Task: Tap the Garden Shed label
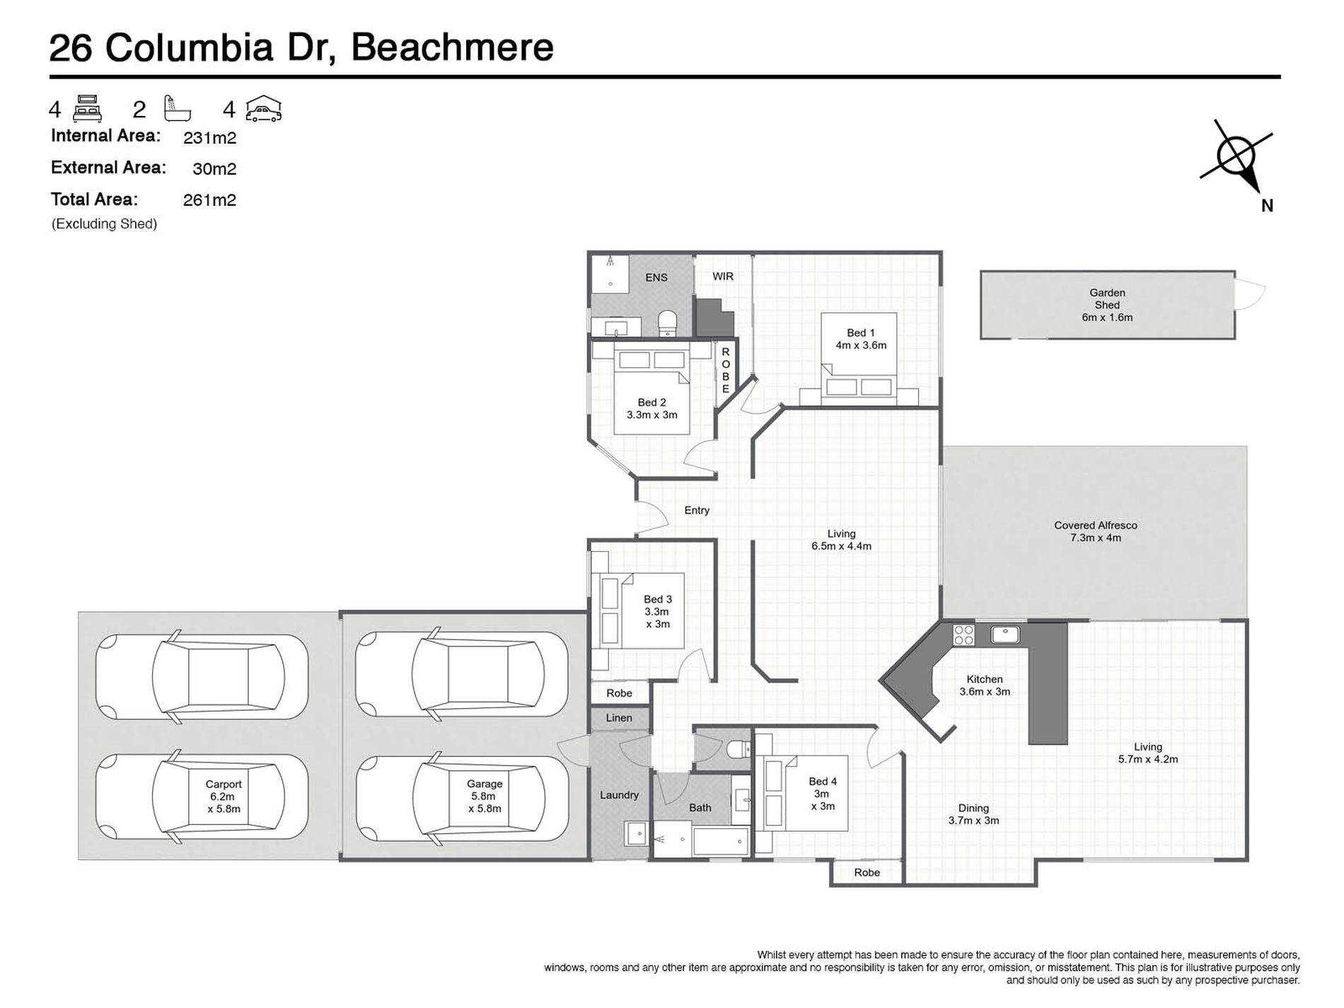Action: point(1107,299)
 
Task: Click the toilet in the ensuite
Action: point(668,323)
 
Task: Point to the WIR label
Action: point(723,277)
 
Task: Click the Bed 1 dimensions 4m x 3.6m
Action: point(861,346)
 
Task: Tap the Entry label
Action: point(697,510)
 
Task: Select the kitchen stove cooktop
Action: point(963,635)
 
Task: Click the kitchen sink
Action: point(1005,634)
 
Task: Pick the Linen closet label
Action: point(619,718)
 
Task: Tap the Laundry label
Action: point(619,795)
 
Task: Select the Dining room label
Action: point(973,809)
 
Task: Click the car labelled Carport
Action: point(202,796)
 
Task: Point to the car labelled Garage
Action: point(462,797)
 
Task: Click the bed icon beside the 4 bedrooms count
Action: point(88,108)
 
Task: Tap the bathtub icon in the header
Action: point(177,108)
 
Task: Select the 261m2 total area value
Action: point(209,200)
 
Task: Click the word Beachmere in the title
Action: point(452,47)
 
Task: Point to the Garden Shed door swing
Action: point(1250,294)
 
